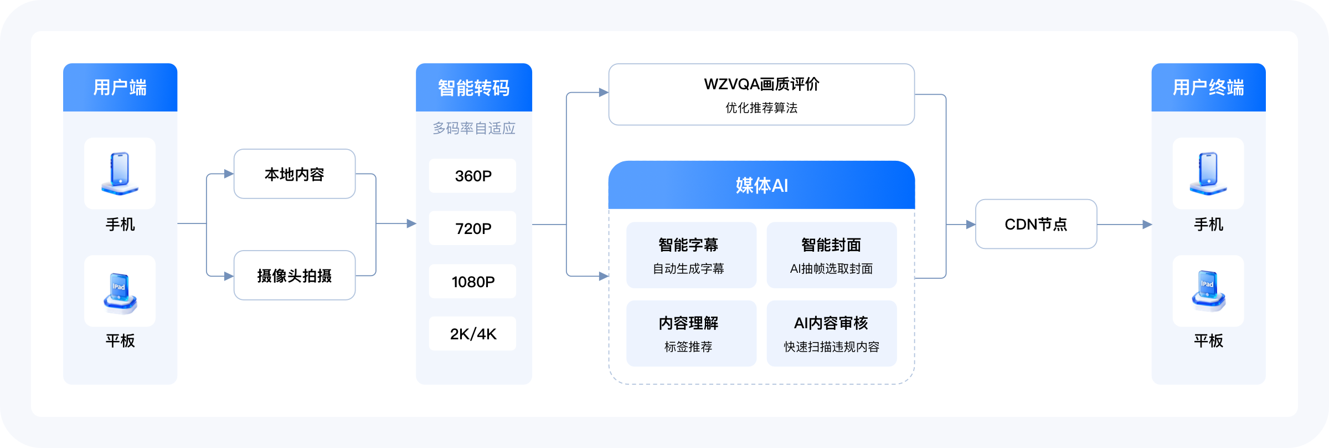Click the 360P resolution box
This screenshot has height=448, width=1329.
pyautogui.click(x=472, y=176)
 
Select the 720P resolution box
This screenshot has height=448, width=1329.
pyautogui.click(x=472, y=228)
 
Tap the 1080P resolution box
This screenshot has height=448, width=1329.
pyautogui.click(x=472, y=281)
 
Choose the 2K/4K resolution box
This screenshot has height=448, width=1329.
pyautogui.click(x=472, y=333)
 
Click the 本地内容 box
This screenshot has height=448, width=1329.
pyautogui.click(x=294, y=174)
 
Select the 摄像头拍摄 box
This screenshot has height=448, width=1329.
pyautogui.click(x=294, y=276)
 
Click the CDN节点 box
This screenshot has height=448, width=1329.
pyautogui.click(x=1036, y=224)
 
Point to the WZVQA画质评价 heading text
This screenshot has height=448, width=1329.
pyautogui.click(x=761, y=84)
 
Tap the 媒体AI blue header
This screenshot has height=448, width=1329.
pyautogui.click(x=761, y=185)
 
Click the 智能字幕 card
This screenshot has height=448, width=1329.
pyautogui.click(x=691, y=255)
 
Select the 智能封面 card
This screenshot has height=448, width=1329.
pyautogui.click(x=831, y=255)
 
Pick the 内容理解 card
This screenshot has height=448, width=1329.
pyautogui.click(x=691, y=333)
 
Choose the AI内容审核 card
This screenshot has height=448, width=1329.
pyautogui.click(x=831, y=333)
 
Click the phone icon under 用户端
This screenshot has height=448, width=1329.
pyautogui.click(x=120, y=173)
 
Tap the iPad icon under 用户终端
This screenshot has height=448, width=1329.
pyautogui.click(x=1208, y=291)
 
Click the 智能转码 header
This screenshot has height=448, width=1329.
pyautogui.click(x=473, y=88)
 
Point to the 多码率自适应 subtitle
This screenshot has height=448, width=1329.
pyautogui.click(x=473, y=129)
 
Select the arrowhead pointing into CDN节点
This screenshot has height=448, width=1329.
pyautogui.click(x=970, y=225)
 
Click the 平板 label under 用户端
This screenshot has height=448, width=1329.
pyautogui.click(x=120, y=340)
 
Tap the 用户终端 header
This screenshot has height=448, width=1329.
pyautogui.click(x=1208, y=88)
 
